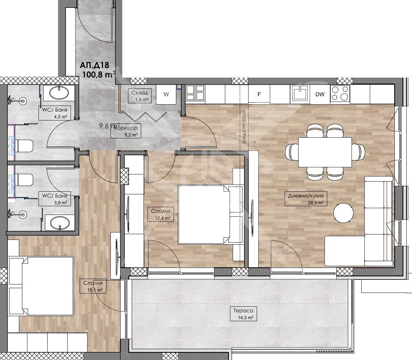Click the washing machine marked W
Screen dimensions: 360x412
(166, 94)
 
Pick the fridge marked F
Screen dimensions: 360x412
(259, 94)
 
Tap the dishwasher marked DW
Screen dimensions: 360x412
(320, 94)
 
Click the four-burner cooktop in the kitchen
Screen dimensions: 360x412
(340, 93)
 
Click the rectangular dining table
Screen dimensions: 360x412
(325, 152)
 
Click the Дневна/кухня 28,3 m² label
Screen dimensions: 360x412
(306, 199)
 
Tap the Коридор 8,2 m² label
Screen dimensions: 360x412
(126, 131)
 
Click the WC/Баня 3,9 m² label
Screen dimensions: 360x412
(54, 199)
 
